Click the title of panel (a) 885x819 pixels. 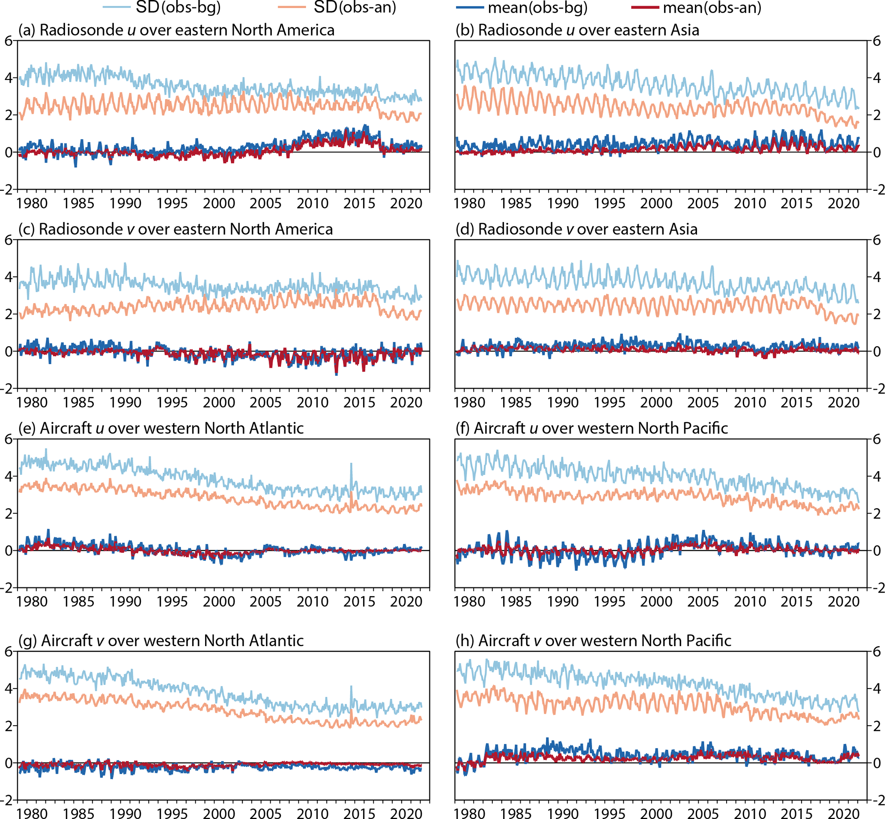coord(176,30)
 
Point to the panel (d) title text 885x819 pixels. coord(576,229)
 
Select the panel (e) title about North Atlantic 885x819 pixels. coord(161,428)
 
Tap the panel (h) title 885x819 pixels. coord(593,641)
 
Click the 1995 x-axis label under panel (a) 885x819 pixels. coord(172,203)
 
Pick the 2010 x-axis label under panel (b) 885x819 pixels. coord(750,203)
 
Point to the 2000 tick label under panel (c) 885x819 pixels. coord(219,402)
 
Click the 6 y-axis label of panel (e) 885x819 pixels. coord(9,439)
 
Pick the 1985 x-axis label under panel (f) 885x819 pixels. coord(516,601)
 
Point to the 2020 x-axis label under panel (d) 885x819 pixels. coord(844,402)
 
